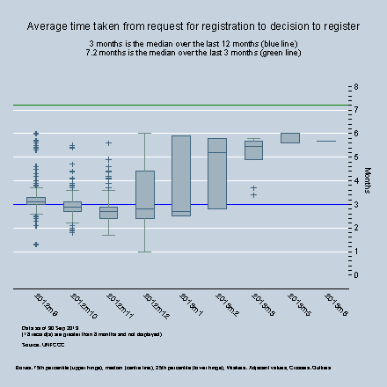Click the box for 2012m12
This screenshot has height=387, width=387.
click(x=145, y=193)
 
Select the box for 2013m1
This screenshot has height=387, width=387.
click(x=181, y=175)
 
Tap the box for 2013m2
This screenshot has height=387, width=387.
click(x=217, y=173)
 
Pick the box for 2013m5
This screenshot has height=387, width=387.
click(x=289, y=137)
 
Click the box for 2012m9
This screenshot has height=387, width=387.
click(x=36, y=201)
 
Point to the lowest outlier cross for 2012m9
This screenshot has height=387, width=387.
click(x=36, y=245)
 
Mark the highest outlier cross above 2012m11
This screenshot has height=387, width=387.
click(x=108, y=142)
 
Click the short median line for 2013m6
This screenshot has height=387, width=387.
click(x=325, y=141)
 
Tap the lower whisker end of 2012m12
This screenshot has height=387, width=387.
click(x=145, y=252)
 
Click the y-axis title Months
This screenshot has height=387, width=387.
click(x=368, y=180)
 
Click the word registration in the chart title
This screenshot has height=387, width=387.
click(x=231, y=26)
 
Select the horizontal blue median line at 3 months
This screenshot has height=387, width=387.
click(x=264, y=204)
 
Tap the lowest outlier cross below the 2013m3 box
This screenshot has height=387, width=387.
click(x=253, y=194)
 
